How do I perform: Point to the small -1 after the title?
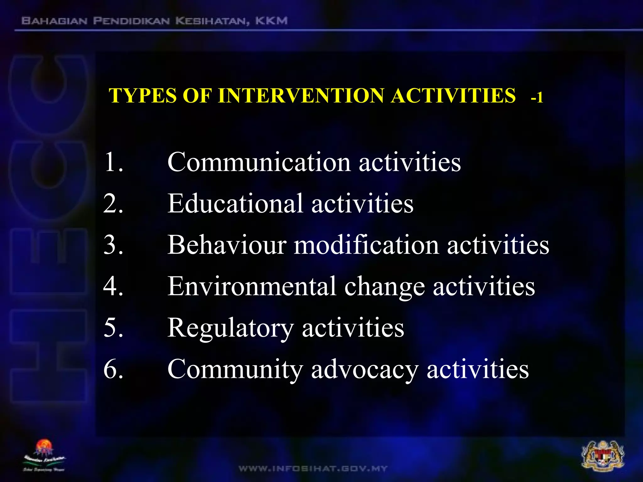click(x=537, y=98)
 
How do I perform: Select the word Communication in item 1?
click(x=259, y=162)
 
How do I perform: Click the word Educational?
click(x=235, y=204)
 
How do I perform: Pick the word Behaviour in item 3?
click(x=227, y=245)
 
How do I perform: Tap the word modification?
click(x=366, y=245)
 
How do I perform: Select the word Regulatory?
click(x=230, y=328)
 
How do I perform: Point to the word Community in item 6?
click(x=235, y=370)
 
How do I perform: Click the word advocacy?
click(x=365, y=370)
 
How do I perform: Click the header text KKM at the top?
click(x=271, y=21)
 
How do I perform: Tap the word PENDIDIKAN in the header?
click(x=132, y=21)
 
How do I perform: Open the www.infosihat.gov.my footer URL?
click(x=313, y=469)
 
